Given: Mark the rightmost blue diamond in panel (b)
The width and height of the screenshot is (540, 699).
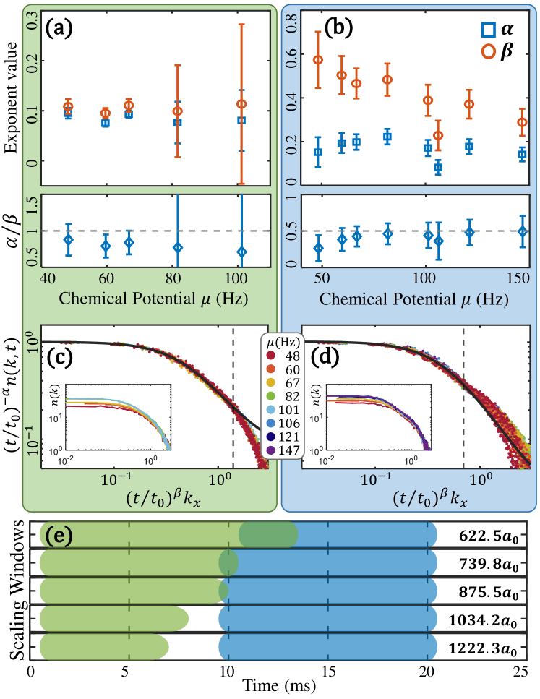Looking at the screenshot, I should [x=523, y=231].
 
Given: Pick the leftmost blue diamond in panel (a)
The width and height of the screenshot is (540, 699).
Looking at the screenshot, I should [x=69, y=239].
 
